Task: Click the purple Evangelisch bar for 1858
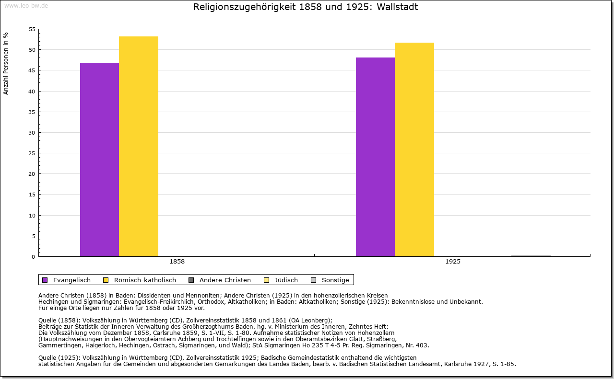point(99,160)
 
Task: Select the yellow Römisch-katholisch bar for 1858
point(139,146)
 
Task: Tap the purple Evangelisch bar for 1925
point(375,157)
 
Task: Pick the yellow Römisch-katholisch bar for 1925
point(414,149)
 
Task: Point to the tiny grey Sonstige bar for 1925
point(531,255)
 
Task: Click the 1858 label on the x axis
point(177,262)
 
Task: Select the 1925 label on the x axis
point(453,262)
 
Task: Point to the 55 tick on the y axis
point(32,29)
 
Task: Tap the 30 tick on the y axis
point(32,133)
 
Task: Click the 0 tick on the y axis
point(33,257)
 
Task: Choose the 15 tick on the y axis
point(32,195)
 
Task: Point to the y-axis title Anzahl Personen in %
point(6,63)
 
